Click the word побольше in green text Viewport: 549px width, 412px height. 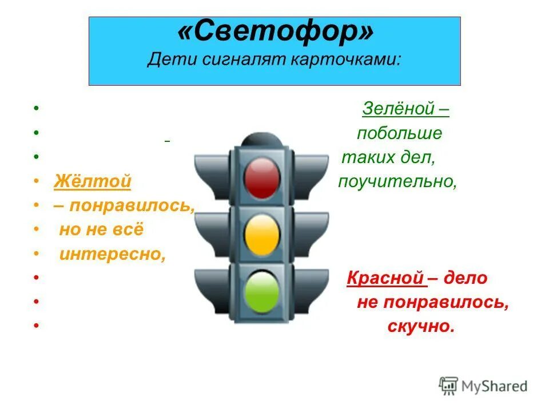click(399, 133)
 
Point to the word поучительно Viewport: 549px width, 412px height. click(397, 182)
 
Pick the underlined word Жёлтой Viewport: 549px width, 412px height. click(93, 182)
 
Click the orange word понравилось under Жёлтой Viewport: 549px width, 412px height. click(131, 205)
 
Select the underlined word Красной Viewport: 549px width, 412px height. click(384, 278)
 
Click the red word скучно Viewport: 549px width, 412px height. click(420, 327)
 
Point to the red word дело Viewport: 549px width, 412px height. click(464, 278)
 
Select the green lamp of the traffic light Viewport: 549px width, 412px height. click(262, 290)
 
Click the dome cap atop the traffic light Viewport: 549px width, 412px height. click(262, 139)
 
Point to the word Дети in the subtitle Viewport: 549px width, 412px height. click(165, 60)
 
